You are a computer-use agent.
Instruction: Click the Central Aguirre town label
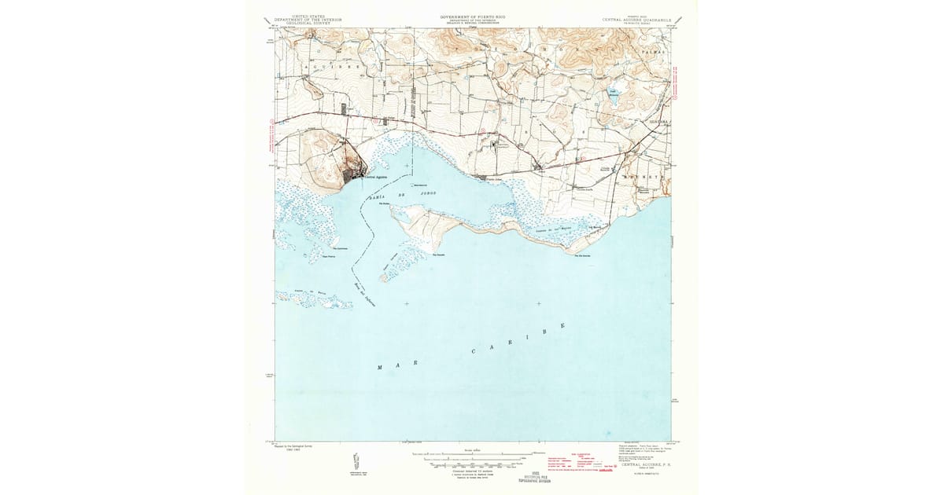[375, 177]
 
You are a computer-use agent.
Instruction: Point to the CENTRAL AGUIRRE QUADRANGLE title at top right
[634, 19]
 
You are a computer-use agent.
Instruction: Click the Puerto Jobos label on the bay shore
[493, 179]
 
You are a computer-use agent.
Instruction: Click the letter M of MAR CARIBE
[382, 368]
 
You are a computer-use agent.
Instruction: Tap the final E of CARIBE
[563, 324]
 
